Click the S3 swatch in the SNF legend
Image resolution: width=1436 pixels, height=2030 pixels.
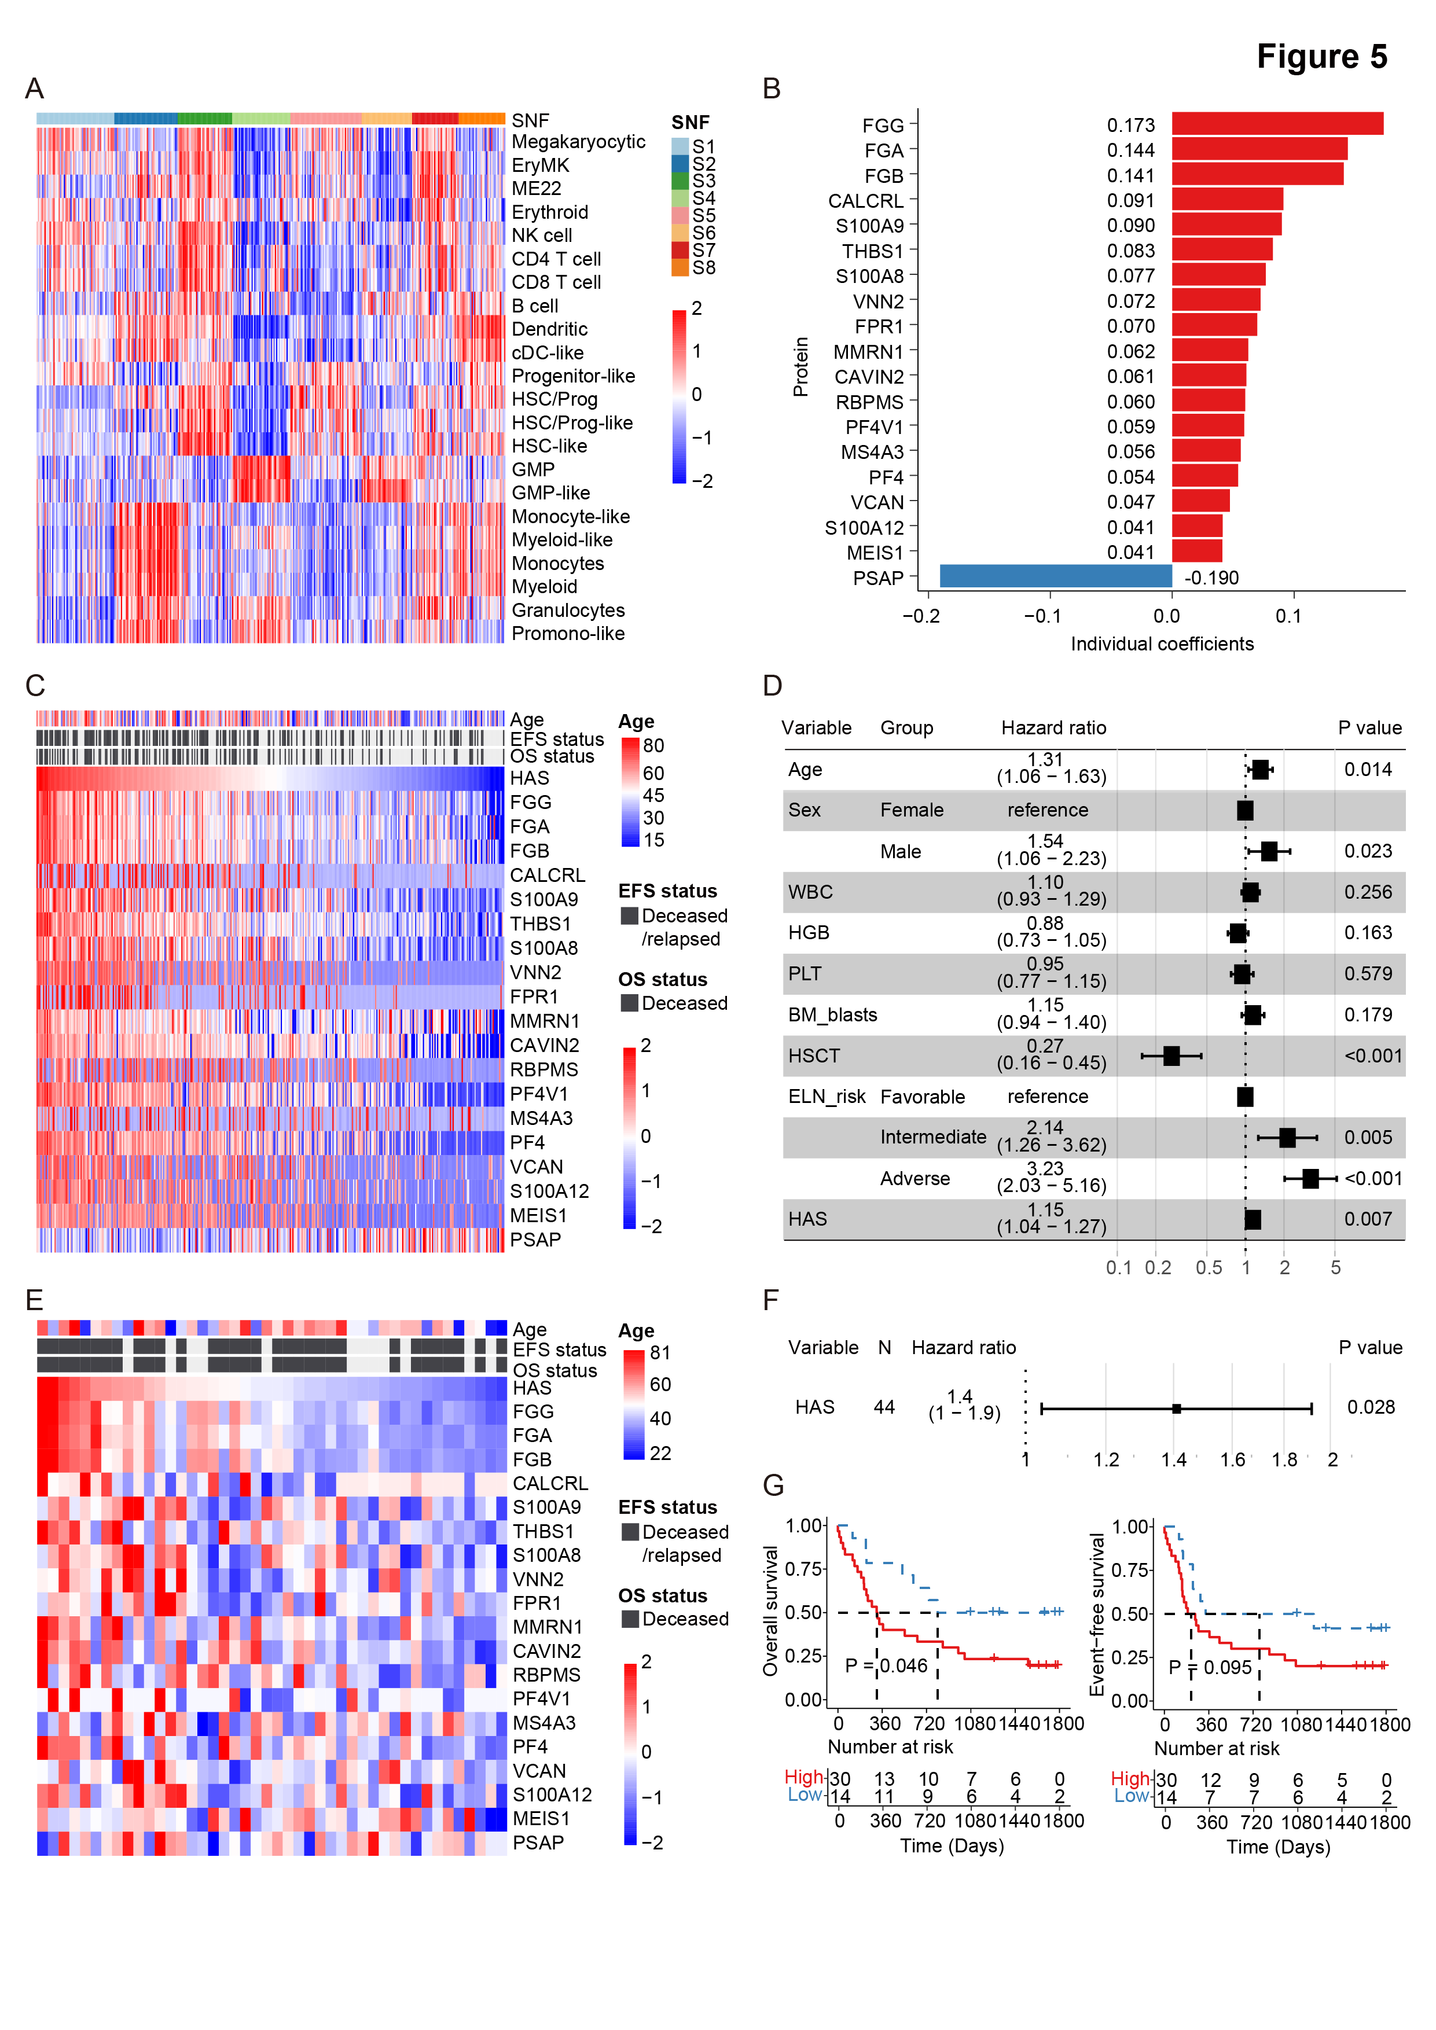coord(680,181)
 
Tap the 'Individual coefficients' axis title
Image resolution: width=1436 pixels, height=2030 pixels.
coord(1161,643)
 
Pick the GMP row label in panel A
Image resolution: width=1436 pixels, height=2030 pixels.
coord(533,469)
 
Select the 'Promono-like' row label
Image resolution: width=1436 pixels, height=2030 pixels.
coord(568,633)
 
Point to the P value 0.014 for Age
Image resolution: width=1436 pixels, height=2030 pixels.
coord(1367,769)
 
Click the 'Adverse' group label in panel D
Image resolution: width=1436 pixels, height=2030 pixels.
coord(915,1179)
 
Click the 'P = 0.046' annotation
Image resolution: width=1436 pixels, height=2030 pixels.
coord(886,1666)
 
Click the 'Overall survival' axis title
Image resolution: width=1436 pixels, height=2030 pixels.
coord(771,1611)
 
